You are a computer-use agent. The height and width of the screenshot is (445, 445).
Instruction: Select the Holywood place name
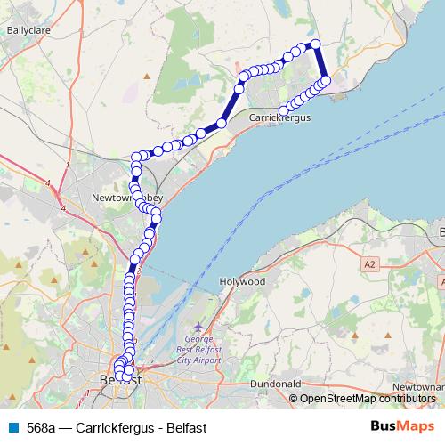click(243, 281)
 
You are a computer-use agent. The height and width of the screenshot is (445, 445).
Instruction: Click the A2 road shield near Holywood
click(370, 264)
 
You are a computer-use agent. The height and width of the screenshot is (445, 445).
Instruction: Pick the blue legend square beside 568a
click(12, 426)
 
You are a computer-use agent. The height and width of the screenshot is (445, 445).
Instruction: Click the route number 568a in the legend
click(41, 426)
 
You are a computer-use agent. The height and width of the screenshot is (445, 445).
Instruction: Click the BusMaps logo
click(397, 425)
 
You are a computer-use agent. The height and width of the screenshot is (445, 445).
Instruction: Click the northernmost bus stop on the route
click(313, 44)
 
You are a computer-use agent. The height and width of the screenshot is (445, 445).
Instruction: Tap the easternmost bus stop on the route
click(326, 80)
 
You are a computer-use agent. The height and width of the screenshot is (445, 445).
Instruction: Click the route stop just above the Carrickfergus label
click(283, 110)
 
